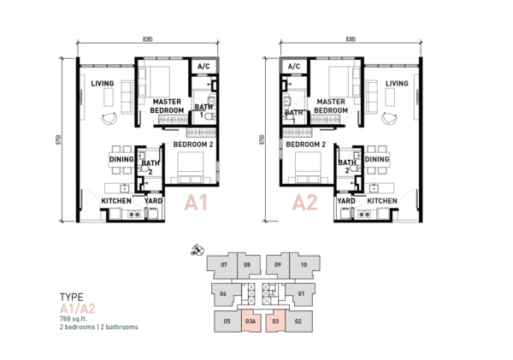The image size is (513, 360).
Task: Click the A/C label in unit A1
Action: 203,67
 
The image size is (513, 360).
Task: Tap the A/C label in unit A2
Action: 294,67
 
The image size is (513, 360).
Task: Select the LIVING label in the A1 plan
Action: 103,84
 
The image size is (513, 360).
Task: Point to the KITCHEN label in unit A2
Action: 382,201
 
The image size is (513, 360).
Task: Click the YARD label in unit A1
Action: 153,201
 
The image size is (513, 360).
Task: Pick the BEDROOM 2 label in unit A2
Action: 305,145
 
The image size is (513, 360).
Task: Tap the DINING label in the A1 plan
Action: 121,159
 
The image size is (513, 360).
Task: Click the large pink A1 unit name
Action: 196,203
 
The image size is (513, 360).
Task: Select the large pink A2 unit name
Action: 304,203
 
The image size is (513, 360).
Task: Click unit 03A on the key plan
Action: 251,321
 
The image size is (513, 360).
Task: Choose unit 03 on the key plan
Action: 275,321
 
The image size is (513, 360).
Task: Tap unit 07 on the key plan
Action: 224,266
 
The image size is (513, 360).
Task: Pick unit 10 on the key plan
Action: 304,266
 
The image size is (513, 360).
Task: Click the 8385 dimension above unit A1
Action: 148,39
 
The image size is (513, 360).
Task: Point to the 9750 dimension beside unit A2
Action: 262,140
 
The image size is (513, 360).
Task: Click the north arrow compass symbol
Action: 198,251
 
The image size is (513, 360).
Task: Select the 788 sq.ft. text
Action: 74,319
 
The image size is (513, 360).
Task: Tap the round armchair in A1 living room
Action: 109,118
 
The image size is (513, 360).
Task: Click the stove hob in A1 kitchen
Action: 134,215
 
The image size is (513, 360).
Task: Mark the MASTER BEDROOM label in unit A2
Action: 331,106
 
